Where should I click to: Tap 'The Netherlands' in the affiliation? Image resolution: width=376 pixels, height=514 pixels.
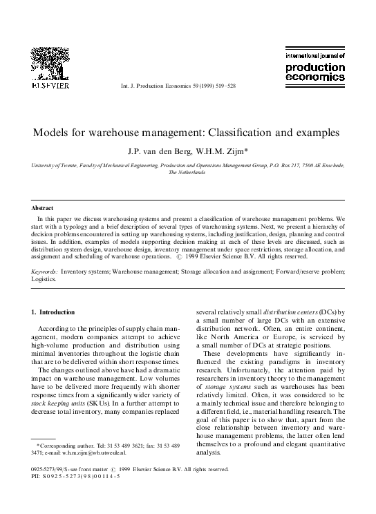pyautogui.click(x=188, y=173)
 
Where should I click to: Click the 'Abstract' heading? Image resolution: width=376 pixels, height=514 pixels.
pyautogui.click(x=43, y=207)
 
